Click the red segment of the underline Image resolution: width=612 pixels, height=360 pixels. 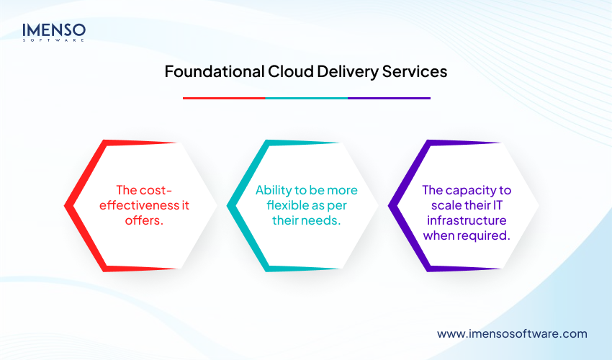click(224, 98)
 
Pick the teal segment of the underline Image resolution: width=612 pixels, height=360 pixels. click(306, 98)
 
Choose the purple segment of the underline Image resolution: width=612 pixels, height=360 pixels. click(389, 98)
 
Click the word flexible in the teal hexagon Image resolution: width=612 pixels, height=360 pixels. click(277, 206)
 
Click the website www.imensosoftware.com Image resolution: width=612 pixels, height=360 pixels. click(512, 333)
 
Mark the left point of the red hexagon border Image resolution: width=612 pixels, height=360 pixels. click(67, 206)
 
